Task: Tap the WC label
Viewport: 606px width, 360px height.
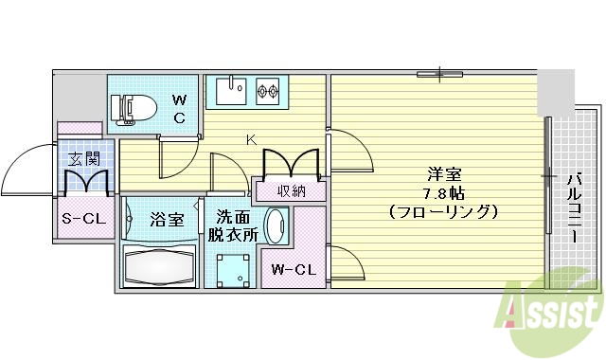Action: [x=180, y=108]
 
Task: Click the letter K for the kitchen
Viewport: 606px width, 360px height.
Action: [x=251, y=139]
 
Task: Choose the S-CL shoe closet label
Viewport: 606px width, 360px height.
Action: [x=82, y=220]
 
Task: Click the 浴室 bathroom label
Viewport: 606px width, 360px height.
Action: [x=167, y=220]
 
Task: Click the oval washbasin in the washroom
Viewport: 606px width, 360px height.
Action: [x=275, y=227]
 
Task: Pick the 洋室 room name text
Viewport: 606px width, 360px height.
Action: [x=443, y=174]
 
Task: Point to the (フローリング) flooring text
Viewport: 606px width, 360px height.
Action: [x=443, y=212]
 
